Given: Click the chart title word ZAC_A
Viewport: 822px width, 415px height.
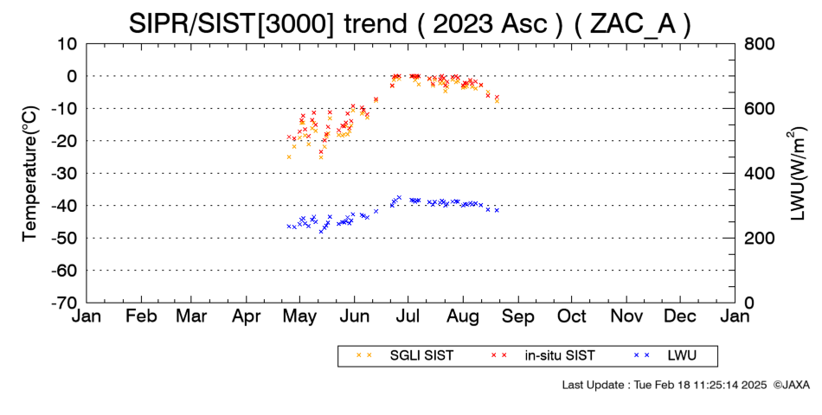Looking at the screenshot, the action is point(633,23).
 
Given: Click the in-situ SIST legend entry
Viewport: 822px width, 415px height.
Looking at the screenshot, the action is point(542,356).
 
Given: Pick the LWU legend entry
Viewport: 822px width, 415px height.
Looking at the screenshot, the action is point(665,356).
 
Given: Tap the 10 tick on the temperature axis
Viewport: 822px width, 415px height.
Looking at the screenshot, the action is point(67,44).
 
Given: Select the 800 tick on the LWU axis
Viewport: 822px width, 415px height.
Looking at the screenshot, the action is point(760,44).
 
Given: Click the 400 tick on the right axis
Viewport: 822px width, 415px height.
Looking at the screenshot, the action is point(760,174).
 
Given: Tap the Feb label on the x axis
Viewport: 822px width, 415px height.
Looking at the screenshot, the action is point(141,316).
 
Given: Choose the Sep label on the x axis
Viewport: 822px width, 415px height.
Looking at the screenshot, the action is point(518,316).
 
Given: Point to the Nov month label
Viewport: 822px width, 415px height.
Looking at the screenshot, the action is point(627,316).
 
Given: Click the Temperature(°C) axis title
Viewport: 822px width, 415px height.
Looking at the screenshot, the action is point(30,174).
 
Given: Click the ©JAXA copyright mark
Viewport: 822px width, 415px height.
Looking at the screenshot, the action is point(791,385).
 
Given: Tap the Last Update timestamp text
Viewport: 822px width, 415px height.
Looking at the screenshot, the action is point(665,385).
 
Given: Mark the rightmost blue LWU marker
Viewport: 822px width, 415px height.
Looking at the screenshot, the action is point(497,210).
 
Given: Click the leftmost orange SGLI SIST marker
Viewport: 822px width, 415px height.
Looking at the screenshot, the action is point(289,156).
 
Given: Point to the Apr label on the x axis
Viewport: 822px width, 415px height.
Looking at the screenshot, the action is point(247,317).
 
